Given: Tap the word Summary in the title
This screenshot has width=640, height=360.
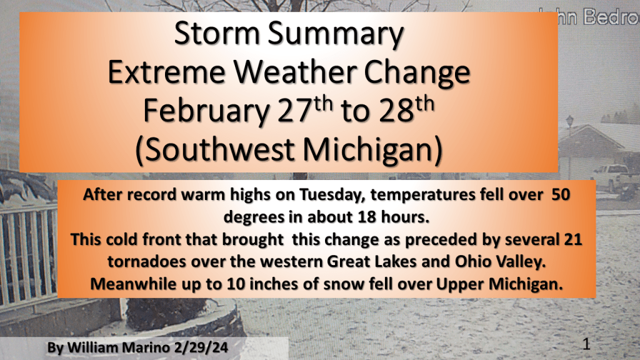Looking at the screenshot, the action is point(336,34).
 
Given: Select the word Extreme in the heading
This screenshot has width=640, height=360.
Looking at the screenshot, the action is point(166,72).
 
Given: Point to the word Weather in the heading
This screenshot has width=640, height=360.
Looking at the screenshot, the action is point(295,72).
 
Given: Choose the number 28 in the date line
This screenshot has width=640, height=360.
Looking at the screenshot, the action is point(396,111).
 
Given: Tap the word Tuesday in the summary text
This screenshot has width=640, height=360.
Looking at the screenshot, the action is point(331,195).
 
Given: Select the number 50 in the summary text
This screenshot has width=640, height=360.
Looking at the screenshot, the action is point(561,194).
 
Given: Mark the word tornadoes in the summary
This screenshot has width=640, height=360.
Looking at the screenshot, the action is point(146,261).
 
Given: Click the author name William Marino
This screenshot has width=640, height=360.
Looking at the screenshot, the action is point(118,347).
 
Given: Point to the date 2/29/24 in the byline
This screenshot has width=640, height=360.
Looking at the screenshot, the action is point(201,347).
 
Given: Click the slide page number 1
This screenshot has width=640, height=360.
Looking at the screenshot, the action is point(586,344).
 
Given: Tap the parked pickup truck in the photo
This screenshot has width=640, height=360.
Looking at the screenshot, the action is point(611,177).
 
